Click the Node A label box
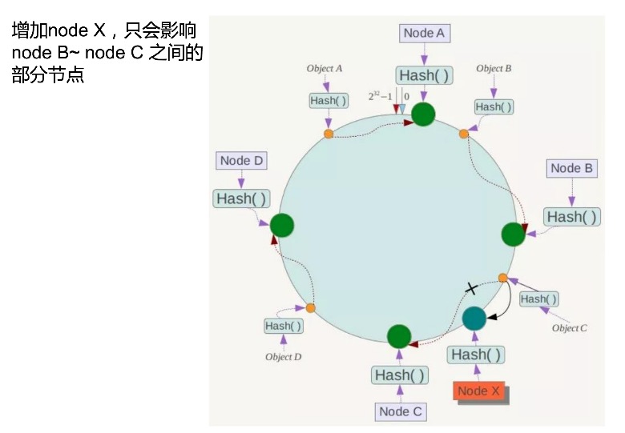coord(424,33)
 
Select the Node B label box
coord(571,168)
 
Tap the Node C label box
coord(400,411)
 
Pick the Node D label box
coord(241,160)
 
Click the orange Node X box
coord(478,391)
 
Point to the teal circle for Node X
coord(474,319)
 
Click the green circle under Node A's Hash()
coord(423,114)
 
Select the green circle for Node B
coord(513,235)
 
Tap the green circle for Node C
coord(399,336)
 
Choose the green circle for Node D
coord(282,226)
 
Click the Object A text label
coord(325,69)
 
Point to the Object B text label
coord(494,69)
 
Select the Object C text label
coord(570,328)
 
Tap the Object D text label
coord(284,357)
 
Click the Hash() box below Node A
coord(423,76)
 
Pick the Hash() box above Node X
coord(477,355)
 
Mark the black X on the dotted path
coord(471,288)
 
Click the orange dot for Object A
coord(329,134)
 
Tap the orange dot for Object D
coord(311,307)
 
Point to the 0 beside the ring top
coord(406,96)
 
